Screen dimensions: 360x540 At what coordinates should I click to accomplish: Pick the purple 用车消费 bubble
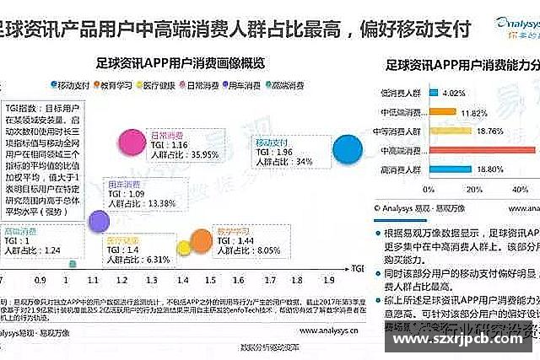point(100,221)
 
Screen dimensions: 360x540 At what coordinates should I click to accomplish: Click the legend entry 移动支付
point(75,85)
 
